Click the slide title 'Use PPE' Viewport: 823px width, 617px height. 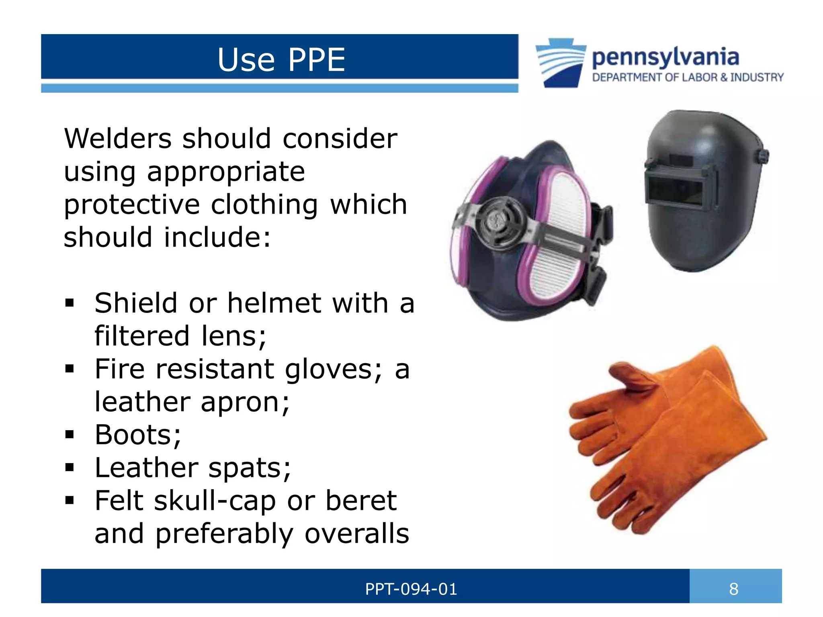coord(281,60)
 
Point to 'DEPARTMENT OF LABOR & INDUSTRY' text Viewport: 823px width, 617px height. coord(688,77)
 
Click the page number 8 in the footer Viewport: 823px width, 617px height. coord(734,589)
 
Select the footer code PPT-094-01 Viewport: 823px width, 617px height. coord(411,589)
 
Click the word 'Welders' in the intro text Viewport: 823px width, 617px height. coord(117,139)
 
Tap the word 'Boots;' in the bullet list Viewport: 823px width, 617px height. coord(138,435)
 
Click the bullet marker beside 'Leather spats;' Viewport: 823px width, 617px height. coord(70,467)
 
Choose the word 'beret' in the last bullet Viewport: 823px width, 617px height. coord(361,501)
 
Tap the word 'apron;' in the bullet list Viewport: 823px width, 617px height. coord(245,402)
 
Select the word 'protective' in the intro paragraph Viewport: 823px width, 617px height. coord(131,204)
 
